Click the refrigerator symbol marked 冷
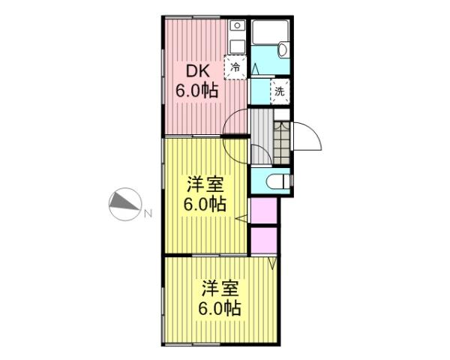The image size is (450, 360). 236,67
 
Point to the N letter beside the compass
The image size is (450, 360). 147,213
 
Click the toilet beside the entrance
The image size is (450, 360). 274,181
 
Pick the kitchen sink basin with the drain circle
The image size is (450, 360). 235,41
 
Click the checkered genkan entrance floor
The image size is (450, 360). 283,139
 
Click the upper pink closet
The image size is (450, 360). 263,211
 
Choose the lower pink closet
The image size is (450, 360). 263,240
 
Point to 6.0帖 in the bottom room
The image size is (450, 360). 220,307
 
